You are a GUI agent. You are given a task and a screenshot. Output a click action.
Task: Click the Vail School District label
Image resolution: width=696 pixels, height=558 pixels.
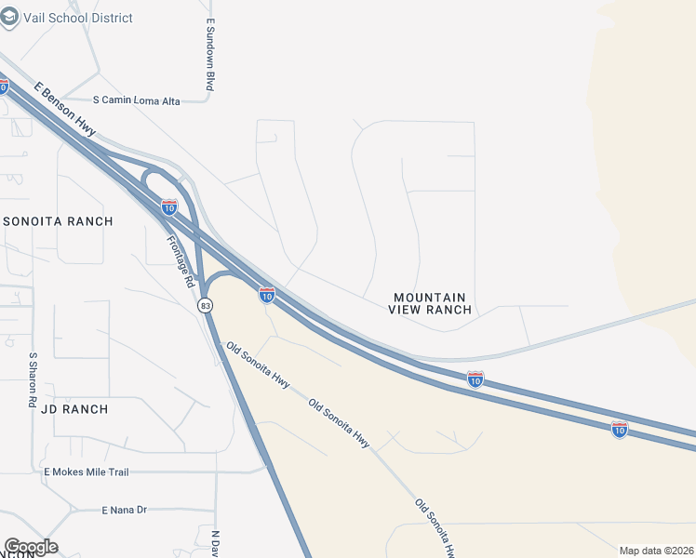(80, 18)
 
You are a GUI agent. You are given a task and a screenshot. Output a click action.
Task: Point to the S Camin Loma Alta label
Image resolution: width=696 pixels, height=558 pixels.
(137, 100)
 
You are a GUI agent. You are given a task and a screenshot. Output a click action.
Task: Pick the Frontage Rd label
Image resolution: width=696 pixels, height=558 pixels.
(181, 259)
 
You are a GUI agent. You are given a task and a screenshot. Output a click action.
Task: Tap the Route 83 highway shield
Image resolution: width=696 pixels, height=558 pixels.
(205, 305)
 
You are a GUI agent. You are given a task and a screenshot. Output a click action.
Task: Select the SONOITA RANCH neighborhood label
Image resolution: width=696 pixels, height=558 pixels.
(58, 221)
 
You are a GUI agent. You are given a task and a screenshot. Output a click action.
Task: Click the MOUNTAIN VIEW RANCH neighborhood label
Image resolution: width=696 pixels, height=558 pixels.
(430, 303)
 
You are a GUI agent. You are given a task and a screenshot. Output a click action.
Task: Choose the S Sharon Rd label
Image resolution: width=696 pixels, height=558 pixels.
(33, 380)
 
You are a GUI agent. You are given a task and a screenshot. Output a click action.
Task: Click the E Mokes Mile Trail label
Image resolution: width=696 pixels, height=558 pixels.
(87, 472)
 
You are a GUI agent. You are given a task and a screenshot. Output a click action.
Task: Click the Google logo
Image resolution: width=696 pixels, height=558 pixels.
(31, 547)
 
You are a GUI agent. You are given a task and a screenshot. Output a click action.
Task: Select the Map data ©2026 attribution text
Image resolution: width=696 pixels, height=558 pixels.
(656, 551)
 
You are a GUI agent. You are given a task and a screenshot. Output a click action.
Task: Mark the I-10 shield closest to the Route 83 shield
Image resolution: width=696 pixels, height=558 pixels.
(267, 295)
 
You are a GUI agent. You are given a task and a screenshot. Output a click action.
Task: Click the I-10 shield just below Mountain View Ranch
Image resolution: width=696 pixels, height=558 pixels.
(475, 379)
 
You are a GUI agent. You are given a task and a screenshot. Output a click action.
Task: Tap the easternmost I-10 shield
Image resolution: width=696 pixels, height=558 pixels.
(620, 429)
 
